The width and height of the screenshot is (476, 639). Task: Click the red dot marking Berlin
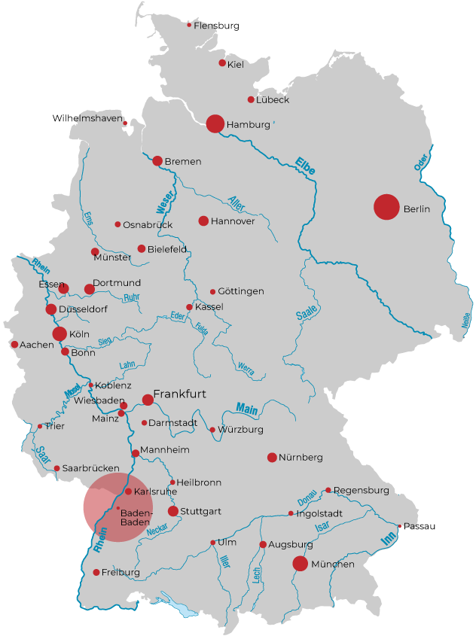[386, 207]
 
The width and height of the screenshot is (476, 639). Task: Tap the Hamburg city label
[248, 124]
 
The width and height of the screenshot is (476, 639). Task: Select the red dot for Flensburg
[189, 25]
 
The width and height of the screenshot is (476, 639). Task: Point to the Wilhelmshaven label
[87, 118]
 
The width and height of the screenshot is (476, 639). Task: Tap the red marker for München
[300, 563]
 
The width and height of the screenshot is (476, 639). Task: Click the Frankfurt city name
[179, 394]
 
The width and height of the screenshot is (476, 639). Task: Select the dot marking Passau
[399, 526]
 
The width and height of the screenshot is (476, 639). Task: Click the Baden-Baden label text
[136, 517]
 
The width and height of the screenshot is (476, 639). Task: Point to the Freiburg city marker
[96, 572]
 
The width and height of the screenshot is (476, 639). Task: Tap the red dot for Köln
[59, 333]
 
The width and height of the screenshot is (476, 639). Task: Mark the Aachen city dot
[14, 345]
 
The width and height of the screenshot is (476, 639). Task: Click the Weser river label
[165, 199]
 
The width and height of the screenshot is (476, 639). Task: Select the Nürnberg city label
[301, 458]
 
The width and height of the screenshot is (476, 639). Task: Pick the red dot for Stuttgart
[173, 511]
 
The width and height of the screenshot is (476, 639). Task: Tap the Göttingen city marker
[212, 291]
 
